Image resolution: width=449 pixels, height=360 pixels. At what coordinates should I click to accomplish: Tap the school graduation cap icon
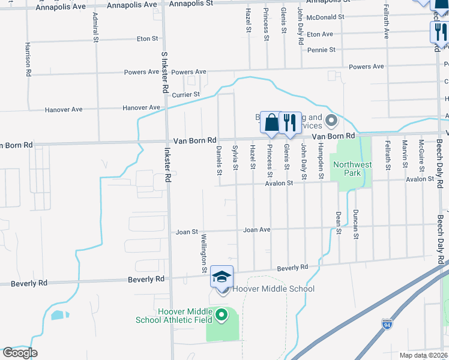(222, 277)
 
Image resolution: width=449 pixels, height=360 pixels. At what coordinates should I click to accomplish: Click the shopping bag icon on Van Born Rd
(271, 122)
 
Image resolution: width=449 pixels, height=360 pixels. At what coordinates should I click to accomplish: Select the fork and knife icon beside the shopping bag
(290, 122)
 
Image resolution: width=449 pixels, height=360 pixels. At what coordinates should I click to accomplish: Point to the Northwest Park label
(352, 169)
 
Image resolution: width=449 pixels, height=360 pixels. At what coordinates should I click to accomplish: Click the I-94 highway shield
(387, 325)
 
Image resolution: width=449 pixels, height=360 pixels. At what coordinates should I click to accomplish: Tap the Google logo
(20, 353)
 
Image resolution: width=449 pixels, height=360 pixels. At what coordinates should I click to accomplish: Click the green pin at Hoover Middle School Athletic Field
(221, 314)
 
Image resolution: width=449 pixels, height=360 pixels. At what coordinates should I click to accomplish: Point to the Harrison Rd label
(28, 59)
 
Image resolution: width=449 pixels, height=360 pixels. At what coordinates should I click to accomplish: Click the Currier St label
(185, 95)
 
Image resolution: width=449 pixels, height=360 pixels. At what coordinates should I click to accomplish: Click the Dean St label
(339, 223)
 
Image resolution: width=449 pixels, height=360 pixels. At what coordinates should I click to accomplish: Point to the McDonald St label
(325, 17)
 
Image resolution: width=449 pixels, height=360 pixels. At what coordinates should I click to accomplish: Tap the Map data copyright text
(424, 355)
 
